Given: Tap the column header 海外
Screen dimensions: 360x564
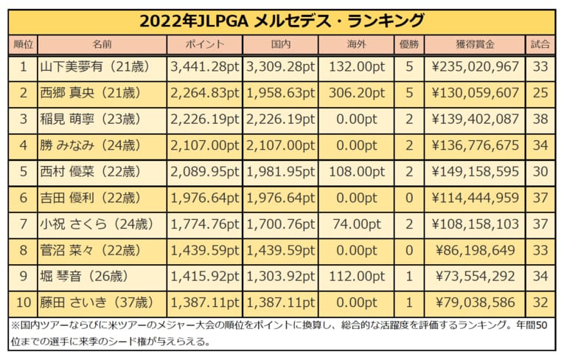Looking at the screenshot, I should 356,44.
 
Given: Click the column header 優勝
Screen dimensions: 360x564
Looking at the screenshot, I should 409,44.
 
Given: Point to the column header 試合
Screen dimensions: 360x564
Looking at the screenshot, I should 540,44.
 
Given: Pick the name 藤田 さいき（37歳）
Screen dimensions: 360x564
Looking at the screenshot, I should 89,302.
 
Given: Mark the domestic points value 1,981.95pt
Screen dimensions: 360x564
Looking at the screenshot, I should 280,172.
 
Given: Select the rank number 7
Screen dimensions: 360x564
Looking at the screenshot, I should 23,224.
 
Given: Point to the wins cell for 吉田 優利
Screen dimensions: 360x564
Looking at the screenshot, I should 409,198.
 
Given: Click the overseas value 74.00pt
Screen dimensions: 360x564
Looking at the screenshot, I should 356,224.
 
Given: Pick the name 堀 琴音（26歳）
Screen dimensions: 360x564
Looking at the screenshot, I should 89,277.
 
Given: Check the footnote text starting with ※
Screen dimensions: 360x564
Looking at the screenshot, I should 280,333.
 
